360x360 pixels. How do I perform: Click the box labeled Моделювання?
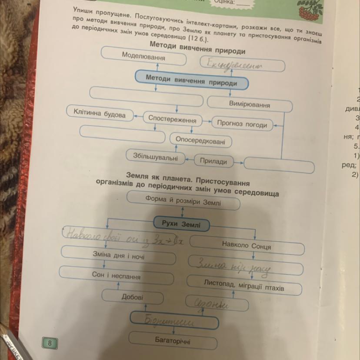(143, 56)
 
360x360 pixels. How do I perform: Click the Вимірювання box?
(249, 105)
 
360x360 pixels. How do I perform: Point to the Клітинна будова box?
(100, 114)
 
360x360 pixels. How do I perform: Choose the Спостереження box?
(172, 119)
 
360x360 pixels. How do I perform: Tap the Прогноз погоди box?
(242, 124)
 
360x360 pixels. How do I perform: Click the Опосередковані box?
(200, 140)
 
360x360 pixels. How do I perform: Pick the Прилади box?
(213, 161)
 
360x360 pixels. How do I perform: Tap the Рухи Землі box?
(181, 224)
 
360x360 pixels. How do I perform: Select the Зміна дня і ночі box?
(118, 257)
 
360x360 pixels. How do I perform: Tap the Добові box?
(132, 297)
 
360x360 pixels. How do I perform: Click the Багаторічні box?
(173, 340)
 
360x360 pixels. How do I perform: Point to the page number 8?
(50, 343)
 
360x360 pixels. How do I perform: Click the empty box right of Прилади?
(279, 165)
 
